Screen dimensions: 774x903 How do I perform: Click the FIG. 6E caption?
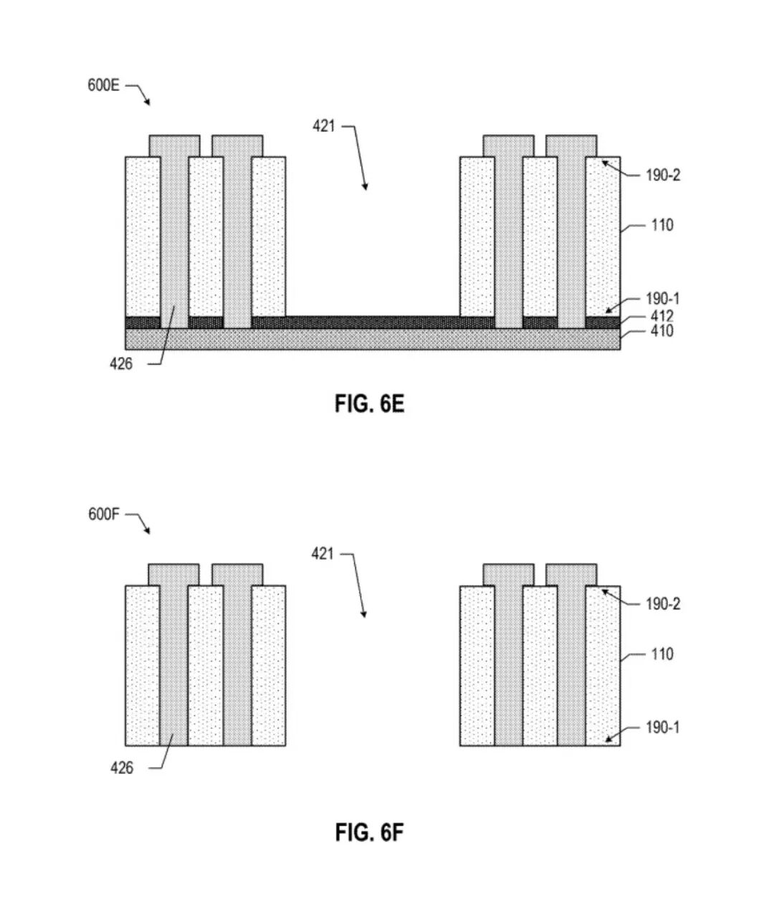coord(369,403)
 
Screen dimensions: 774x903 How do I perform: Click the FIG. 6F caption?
coord(369,832)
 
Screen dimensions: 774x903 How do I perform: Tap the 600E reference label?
coord(103,85)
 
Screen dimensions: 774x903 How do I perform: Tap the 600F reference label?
coord(103,514)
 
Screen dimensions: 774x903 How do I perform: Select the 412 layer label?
coord(661,316)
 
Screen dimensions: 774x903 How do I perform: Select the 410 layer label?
coord(661,331)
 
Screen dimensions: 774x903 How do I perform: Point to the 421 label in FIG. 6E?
coord(324,126)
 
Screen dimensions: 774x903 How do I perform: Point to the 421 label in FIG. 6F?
coord(322,554)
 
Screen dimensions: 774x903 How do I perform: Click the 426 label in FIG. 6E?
coord(121,363)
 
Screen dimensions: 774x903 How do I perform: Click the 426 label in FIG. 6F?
coord(122,768)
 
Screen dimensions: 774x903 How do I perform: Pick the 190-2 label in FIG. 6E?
coord(663,175)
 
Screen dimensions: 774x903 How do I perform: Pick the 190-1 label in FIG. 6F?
coord(663,727)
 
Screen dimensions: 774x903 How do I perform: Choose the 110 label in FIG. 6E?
coord(662,226)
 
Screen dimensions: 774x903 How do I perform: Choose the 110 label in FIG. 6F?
coord(662,654)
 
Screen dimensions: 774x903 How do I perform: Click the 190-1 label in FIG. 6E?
coord(663,299)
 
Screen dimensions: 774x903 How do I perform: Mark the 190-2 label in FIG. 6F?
coord(663,604)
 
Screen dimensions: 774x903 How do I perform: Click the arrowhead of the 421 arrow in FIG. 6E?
coord(365,187)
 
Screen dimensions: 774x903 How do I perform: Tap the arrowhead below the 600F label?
coord(148,531)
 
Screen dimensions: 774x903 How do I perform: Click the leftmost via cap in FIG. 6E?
coord(175,146)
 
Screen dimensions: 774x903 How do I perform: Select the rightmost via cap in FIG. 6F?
coord(571,575)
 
